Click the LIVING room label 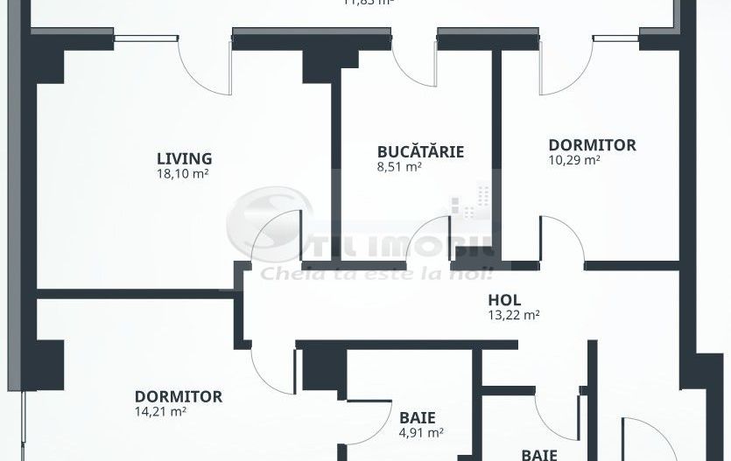pyautogui.click(x=184, y=158)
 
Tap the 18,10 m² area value pyautogui.click(x=182, y=172)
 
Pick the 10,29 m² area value pyautogui.click(x=573, y=159)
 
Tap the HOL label pyautogui.click(x=504, y=301)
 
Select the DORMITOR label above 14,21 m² pyautogui.click(x=178, y=396)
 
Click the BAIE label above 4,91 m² pyautogui.click(x=417, y=418)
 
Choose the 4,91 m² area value pyautogui.click(x=420, y=431)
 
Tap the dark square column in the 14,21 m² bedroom pyautogui.click(x=51, y=360)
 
